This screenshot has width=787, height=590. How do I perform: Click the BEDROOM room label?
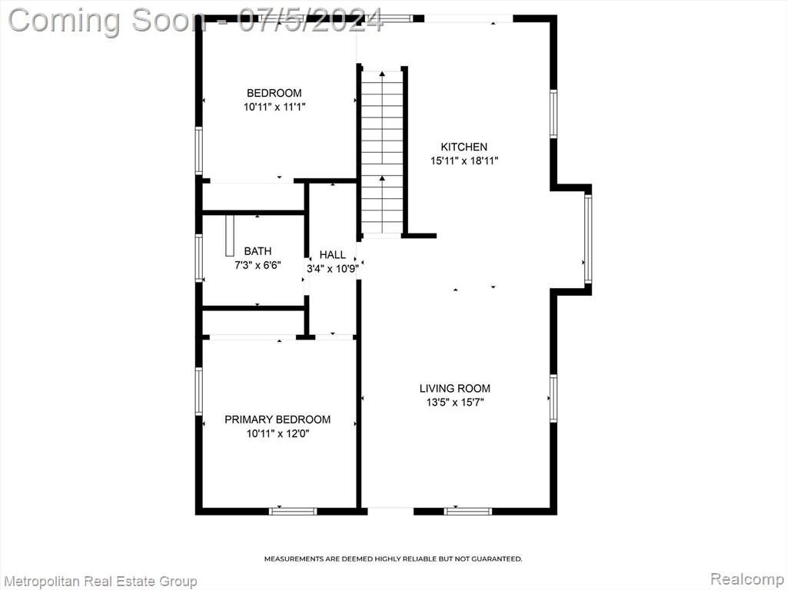click(274, 93)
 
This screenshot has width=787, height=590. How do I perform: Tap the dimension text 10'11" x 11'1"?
click(274, 107)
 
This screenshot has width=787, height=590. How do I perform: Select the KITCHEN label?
click(463, 147)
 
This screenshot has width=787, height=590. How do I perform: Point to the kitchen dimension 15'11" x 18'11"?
click(463, 161)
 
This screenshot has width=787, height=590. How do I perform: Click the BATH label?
click(257, 251)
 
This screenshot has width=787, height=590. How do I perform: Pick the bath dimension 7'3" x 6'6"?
click(257, 265)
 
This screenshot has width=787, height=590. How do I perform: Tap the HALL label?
click(332, 255)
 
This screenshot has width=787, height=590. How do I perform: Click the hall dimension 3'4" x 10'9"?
click(332, 269)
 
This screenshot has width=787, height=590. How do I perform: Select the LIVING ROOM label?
click(455, 388)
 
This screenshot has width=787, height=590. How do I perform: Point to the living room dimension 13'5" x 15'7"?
click(455, 402)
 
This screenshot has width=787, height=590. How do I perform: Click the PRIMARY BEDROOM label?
click(277, 419)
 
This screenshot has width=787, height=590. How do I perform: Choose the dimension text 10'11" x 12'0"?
click(277, 433)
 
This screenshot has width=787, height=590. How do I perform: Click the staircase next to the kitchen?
click(383, 152)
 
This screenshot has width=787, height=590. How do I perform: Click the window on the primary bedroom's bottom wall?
click(293, 511)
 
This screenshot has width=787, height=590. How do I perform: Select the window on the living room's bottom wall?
click(468, 511)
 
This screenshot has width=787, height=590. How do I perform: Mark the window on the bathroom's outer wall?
click(199, 258)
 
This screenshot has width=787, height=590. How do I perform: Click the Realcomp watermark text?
click(747, 578)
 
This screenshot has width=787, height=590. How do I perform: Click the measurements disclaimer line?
click(393, 559)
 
